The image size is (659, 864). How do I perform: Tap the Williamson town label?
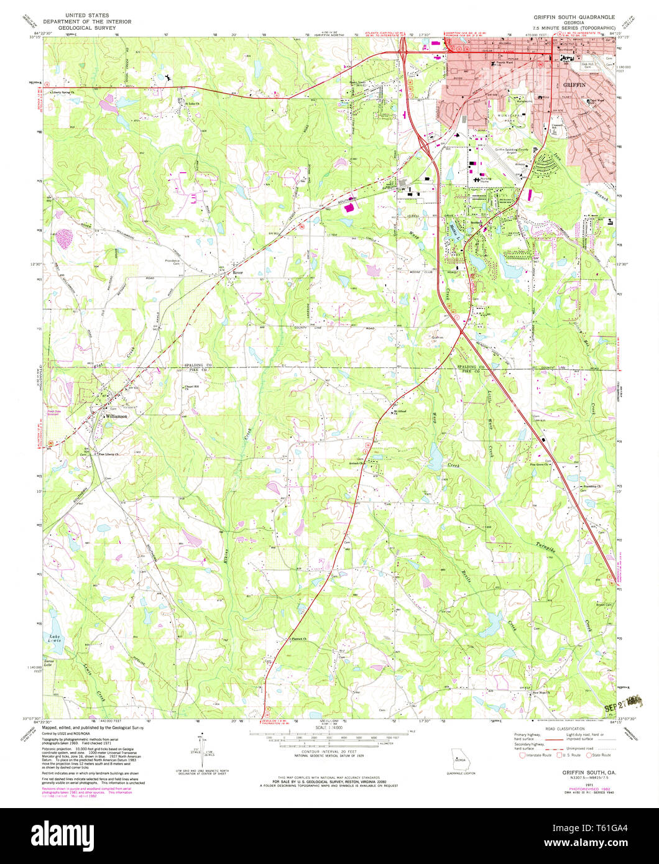point(116,416)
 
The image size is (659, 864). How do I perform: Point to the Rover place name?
point(237,273)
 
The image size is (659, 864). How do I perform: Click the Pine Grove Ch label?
point(539,464)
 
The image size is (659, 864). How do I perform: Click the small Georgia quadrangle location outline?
point(460,760)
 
